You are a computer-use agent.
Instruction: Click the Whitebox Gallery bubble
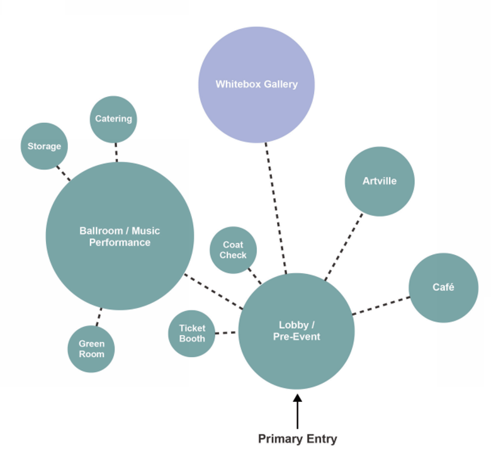coord(256,84)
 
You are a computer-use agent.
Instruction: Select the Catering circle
coord(113,119)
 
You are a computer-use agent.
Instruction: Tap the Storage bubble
coord(44,146)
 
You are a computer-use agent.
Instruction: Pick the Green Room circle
coord(91,349)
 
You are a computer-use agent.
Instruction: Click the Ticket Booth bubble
coord(192,333)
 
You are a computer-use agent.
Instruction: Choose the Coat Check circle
coord(233,250)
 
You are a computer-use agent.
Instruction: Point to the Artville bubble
coord(380,181)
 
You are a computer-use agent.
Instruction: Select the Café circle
coord(443,288)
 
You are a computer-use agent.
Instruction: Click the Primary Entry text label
coord(297,439)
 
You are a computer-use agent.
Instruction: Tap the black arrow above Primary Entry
coord(297,409)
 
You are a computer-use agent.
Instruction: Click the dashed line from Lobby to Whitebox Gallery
coord(276,208)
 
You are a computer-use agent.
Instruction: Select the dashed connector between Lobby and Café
coord(381,305)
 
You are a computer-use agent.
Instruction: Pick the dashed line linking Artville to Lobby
coord(344,246)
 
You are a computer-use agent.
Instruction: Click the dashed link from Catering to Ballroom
coord(116,152)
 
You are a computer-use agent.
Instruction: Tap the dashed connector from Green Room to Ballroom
coord(98,317)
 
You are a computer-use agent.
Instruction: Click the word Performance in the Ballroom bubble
coord(120,242)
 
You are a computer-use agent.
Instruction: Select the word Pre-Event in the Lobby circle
coord(296,337)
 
